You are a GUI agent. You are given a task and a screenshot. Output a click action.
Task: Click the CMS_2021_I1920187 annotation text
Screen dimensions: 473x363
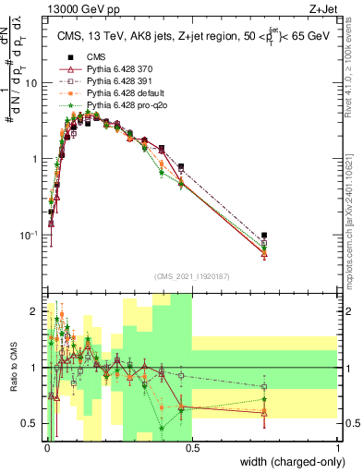coord(191,275)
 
